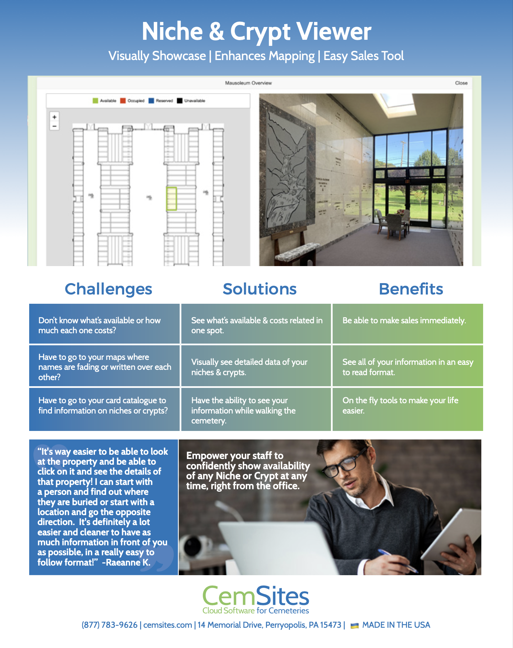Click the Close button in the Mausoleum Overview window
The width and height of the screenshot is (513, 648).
coord(461,83)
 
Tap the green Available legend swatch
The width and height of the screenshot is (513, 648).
coord(95,101)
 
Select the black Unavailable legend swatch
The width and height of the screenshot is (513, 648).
coord(180,101)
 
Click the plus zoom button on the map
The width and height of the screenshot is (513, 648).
coord(54,117)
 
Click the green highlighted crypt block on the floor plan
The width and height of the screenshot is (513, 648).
coord(171,199)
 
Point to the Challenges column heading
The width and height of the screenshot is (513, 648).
coord(109,289)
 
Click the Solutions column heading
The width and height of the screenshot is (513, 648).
coord(259,289)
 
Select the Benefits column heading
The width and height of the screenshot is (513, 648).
coord(411,289)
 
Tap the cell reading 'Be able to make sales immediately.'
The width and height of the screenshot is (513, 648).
coord(407,324)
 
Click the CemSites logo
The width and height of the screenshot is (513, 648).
coord(256,600)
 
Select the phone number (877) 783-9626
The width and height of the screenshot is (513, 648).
coord(110,625)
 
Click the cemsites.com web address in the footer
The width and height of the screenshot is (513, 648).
coord(168,625)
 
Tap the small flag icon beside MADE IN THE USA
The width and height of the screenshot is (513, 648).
coord(354,626)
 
